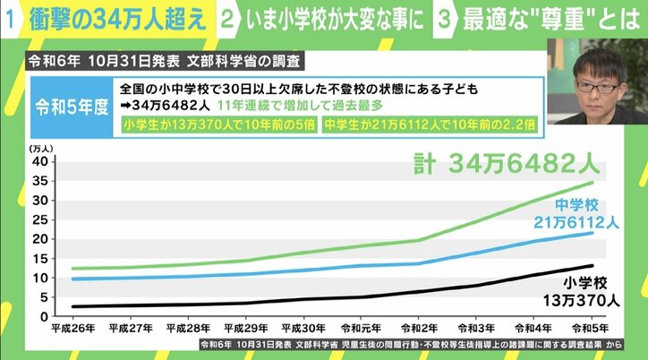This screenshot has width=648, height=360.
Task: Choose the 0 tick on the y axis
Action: [x=41, y=317]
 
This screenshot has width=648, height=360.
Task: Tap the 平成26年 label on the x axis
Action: [x=74, y=329]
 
